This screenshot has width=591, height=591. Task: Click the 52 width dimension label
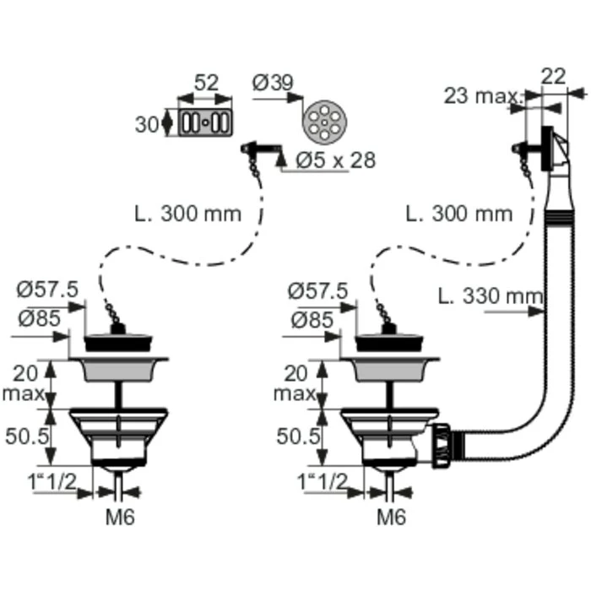click(206, 83)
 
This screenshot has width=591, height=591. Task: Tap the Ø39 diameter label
click(273, 83)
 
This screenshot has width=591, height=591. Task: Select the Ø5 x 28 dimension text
click(335, 160)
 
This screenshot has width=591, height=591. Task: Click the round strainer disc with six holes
click(324, 122)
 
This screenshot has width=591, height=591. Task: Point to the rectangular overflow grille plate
click(205, 122)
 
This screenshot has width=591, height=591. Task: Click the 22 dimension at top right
click(553, 77)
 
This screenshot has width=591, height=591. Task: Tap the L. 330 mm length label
click(490, 295)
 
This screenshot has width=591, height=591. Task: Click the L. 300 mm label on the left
click(187, 214)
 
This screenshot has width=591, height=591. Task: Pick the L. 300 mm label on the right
click(458, 214)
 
